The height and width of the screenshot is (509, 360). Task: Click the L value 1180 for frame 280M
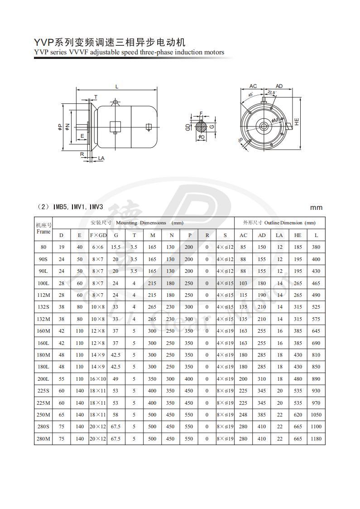(x=316, y=439)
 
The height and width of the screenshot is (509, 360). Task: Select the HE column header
(x=298, y=235)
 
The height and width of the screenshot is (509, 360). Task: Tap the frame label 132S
(x=43, y=307)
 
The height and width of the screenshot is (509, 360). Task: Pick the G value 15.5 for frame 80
(x=116, y=247)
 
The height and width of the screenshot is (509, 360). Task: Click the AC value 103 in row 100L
(x=243, y=283)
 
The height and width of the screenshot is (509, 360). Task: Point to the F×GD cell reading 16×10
(x=98, y=379)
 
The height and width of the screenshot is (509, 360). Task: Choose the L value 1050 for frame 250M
(x=316, y=415)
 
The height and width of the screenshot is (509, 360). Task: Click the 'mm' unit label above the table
(x=316, y=208)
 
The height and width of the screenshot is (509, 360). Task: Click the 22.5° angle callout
(x=271, y=92)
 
